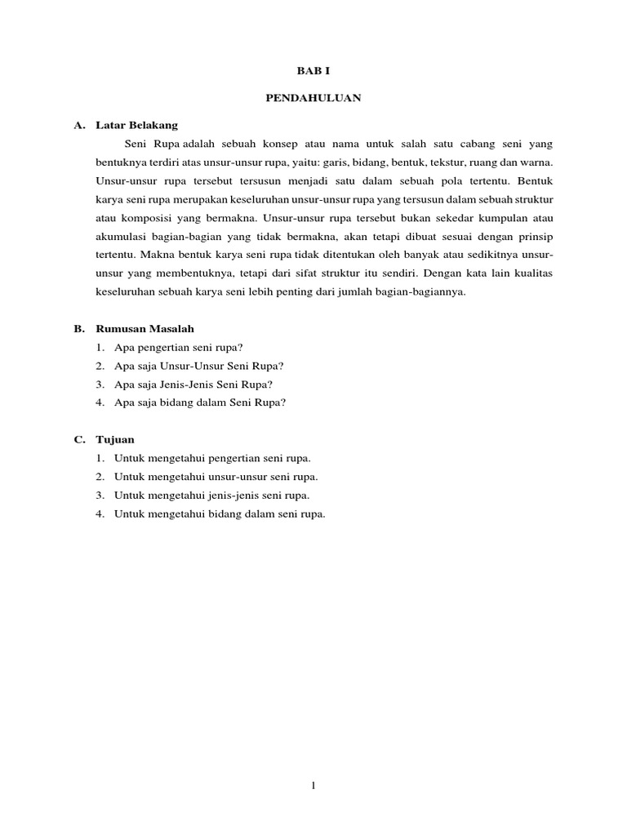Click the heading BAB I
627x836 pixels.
pos(313,72)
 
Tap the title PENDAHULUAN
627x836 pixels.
pos(313,98)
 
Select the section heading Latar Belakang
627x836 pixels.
pos(136,125)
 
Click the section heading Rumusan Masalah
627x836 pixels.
pos(145,328)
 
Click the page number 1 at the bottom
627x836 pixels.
pos(313,785)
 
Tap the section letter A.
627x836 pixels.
pos(78,125)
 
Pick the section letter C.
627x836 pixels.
pos(78,439)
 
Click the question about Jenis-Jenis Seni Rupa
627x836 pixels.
pos(193,384)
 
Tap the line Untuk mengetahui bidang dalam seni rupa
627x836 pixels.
pos(220,514)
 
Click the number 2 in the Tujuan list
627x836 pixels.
pos(98,477)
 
